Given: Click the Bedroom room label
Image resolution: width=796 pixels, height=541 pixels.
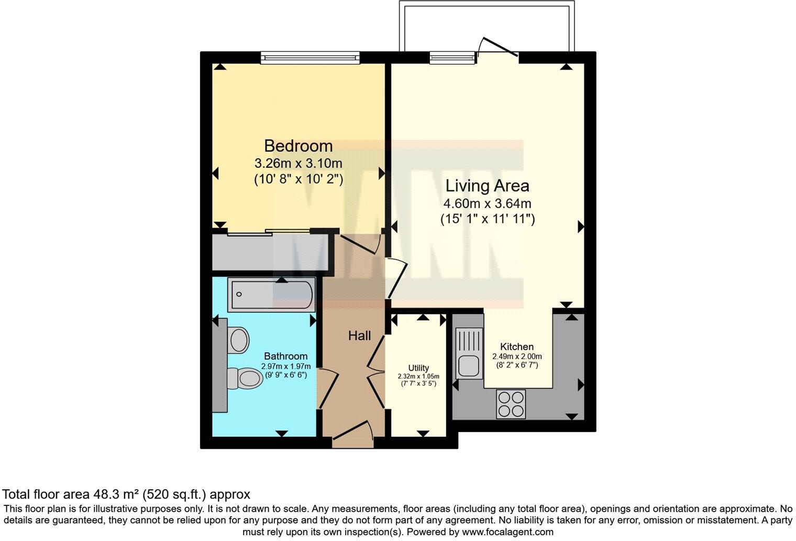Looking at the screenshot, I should click(298, 145).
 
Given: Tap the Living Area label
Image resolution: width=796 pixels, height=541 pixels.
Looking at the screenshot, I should click(487, 186).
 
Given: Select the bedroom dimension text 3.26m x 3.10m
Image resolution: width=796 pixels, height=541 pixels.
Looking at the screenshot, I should click(298, 163).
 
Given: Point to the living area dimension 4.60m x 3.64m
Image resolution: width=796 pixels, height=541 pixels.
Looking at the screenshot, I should click(487, 203).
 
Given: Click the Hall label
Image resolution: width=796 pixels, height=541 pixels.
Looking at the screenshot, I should click(359, 336).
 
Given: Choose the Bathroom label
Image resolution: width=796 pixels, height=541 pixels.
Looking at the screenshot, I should click(285, 356).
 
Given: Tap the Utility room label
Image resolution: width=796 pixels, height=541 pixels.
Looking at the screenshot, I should click(418, 368).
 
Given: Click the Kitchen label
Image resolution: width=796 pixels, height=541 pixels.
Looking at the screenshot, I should click(517, 347).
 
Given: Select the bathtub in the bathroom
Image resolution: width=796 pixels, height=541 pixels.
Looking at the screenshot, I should click(272, 294).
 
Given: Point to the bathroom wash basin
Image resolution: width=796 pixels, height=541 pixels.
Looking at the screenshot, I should click(239, 340).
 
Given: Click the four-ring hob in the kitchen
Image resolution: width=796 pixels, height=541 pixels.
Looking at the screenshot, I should click(511, 404).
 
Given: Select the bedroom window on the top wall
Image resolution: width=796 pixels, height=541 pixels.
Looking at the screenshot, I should click(311, 57).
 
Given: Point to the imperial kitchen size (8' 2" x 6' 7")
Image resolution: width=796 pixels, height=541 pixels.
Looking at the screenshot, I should click(517, 364).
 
